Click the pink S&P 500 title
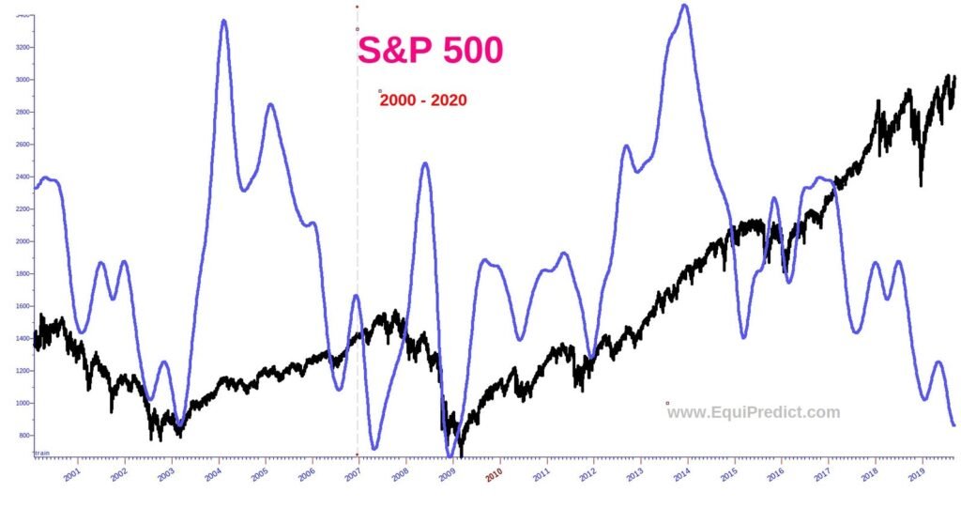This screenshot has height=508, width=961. (430, 51)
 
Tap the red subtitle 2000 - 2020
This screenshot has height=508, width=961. (423, 100)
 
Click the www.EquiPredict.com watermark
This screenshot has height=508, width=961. (754, 412)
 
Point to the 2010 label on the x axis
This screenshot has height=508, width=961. (495, 475)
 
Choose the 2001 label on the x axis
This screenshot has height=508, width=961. (71, 475)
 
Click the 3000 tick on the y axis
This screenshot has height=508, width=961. (21, 80)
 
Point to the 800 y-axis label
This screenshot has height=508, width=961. (23, 436)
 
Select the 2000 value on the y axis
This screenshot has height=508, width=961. (21, 241)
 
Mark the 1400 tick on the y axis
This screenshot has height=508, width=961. (21, 338)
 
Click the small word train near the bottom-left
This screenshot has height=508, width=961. (41, 453)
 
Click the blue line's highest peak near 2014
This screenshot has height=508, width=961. (684, 6)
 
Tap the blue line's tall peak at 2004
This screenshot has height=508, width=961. (223, 21)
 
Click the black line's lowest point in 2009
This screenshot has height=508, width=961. (461, 454)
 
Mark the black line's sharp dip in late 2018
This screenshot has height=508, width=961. (921, 184)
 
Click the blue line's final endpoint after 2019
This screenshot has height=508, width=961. (953, 425)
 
